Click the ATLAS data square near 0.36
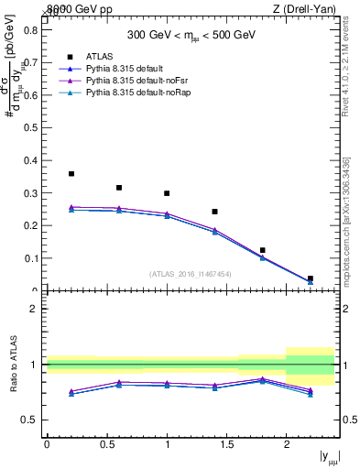(x=71, y=173)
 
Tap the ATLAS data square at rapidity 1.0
(x=167, y=193)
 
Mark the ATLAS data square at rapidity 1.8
(x=262, y=250)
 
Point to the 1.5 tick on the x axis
(x=226, y=444)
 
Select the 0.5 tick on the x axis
(x=106, y=444)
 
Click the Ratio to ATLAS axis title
(x=12, y=365)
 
